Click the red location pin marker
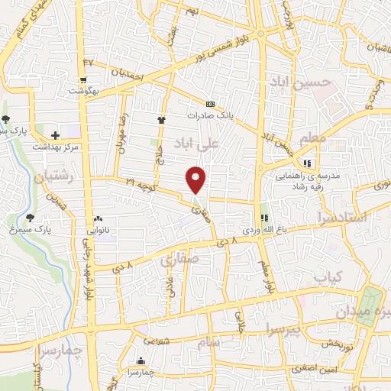[x=196, y=178]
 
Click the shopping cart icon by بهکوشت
[x=82, y=79]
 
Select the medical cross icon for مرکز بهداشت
[x=55, y=135]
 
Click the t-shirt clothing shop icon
[x=161, y=120]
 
